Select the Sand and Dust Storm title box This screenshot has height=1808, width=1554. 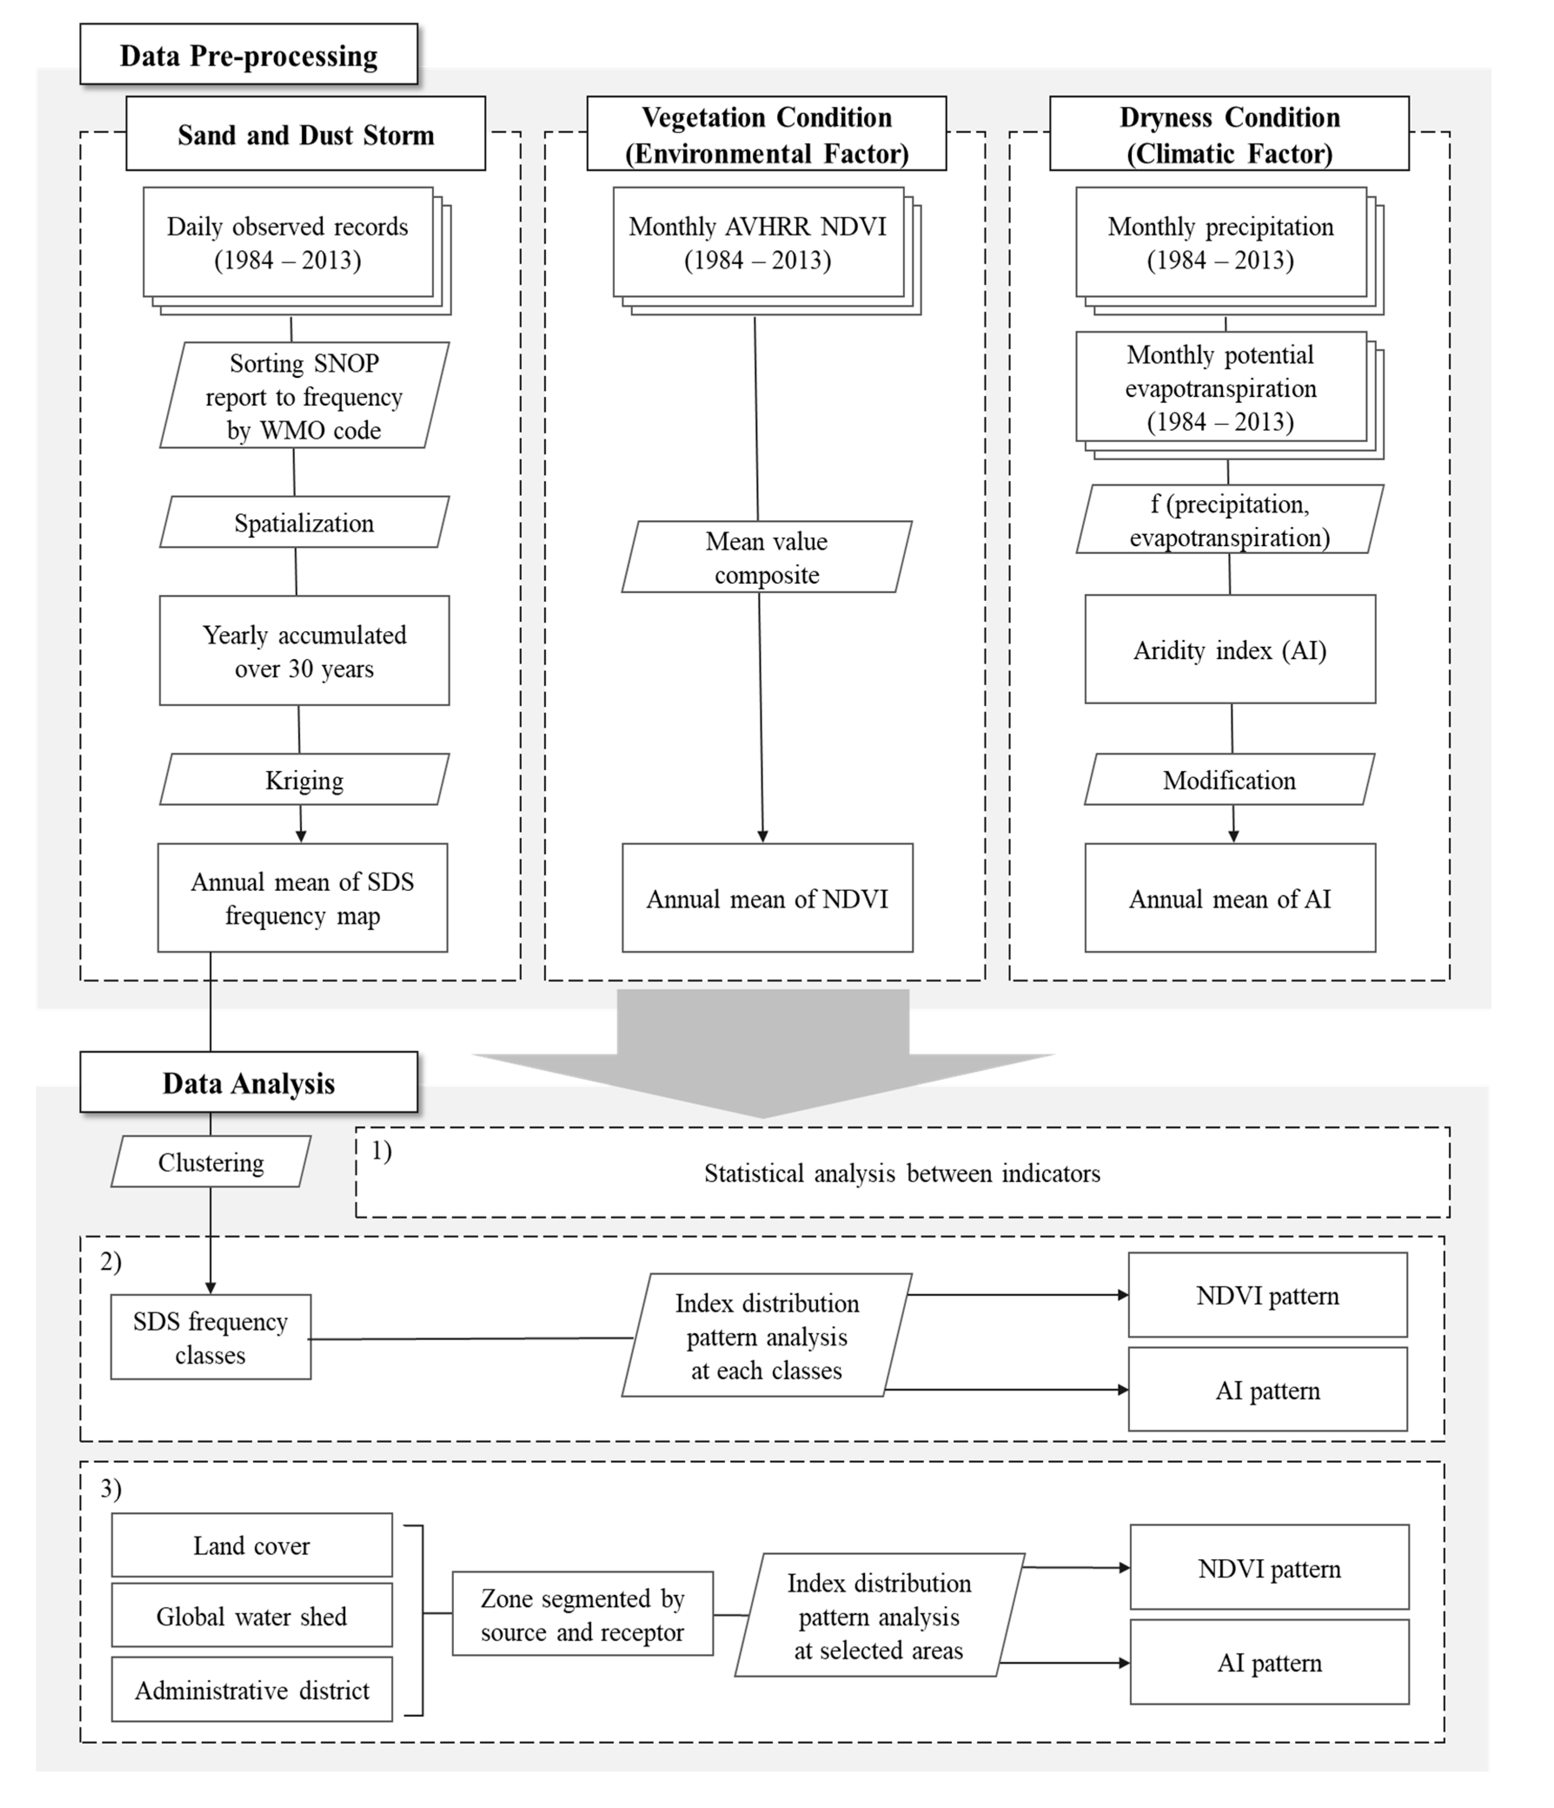[x=305, y=134]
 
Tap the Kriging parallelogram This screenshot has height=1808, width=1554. [x=304, y=779]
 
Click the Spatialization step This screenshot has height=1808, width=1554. [x=304, y=523]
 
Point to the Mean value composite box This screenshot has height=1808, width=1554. [x=766, y=558]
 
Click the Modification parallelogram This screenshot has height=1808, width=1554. [x=1229, y=779]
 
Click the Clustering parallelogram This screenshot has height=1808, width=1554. [x=210, y=1162]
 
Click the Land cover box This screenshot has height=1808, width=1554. [x=252, y=1545]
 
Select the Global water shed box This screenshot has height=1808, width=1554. [x=252, y=1616]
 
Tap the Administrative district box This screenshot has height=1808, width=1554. [x=252, y=1690]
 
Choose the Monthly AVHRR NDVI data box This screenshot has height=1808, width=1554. [x=758, y=243]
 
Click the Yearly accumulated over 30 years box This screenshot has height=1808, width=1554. [x=304, y=651]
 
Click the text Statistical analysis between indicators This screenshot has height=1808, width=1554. [x=902, y=1173]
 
